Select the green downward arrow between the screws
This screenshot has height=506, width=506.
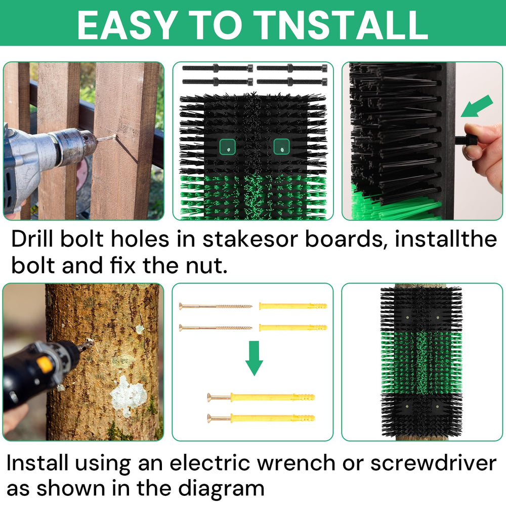(x=255, y=358)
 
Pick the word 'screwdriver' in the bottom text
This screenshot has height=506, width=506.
(x=433, y=463)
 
